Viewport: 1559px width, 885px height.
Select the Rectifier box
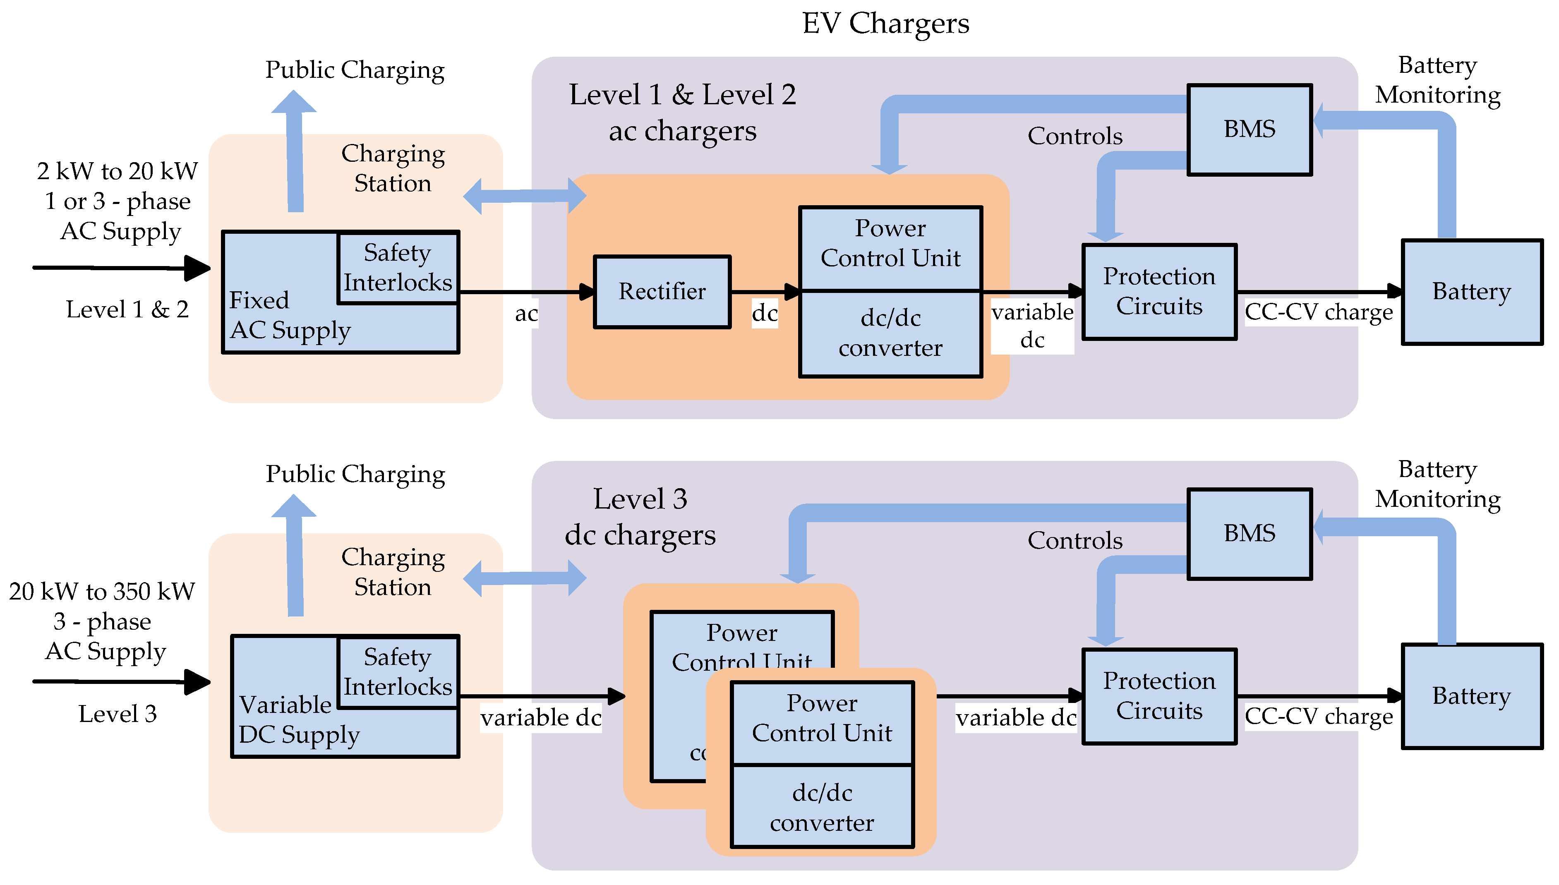pos(662,292)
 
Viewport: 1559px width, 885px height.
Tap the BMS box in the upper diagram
pos(1249,130)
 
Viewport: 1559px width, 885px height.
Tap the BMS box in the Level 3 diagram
pos(1249,534)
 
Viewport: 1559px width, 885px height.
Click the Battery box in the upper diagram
pos(1471,292)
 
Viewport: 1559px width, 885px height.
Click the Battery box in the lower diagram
pos(1471,696)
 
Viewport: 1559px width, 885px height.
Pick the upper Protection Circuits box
pos(1159,292)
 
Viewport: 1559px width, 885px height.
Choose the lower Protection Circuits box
pos(1159,696)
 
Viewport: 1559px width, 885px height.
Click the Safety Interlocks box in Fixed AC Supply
pos(398,267)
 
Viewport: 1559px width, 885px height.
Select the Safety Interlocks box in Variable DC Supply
pos(398,672)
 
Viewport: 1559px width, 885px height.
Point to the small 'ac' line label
pos(526,314)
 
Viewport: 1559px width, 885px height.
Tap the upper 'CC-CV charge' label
pos(1318,312)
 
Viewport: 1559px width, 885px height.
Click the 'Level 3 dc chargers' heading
pos(640,517)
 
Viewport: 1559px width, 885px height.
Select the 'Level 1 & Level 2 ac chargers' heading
pos(682,113)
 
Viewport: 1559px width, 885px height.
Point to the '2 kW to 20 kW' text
pos(118,171)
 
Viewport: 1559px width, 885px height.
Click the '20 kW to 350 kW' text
pos(102,591)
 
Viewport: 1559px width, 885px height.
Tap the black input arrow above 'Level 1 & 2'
pos(122,267)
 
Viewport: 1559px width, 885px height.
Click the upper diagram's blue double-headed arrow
pos(525,196)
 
